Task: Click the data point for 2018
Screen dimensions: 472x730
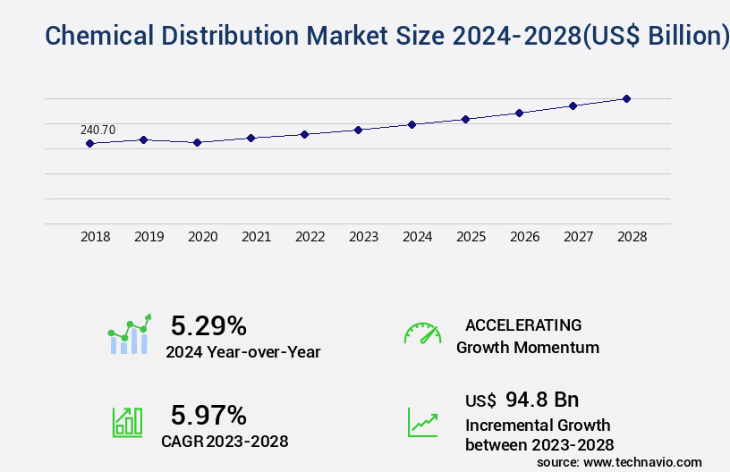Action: click(x=89, y=143)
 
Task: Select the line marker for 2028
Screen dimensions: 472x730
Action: click(x=626, y=98)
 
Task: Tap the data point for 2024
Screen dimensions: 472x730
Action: click(x=412, y=124)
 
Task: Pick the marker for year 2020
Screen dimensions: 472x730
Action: click(x=197, y=142)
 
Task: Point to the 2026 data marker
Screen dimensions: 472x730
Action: click(x=519, y=113)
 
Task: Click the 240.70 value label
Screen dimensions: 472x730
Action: click(x=98, y=131)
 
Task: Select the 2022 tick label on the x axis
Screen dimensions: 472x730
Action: click(x=310, y=237)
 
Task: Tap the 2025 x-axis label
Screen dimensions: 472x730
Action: click(x=471, y=237)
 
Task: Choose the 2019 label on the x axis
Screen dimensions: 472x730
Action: click(x=149, y=237)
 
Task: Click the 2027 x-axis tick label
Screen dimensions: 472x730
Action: click(x=578, y=237)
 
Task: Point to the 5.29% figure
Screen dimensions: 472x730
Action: click(x=208, y=325)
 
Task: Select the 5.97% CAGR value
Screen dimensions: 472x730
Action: click(x=208, y=415)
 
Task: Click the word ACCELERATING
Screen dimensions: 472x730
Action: click(x=523, y=325)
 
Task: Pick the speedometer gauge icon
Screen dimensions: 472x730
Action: click(x=422, y=333)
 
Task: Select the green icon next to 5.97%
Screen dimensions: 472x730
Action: click(x=127, y=422)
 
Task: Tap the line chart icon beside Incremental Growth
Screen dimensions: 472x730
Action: click(x=422, y=422)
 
